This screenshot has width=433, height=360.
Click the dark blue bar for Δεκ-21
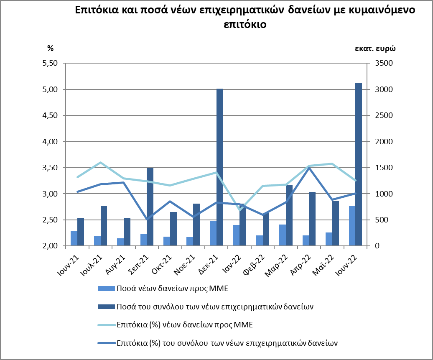tap(219, 167)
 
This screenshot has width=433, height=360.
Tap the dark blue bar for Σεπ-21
tap(150, 207)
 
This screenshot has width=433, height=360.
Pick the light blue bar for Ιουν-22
tap(352, 226)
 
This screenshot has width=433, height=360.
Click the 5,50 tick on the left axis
tap(49, 63)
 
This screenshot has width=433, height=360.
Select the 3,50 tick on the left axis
tap(49, 168)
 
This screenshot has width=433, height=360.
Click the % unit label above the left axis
tap(50, 48)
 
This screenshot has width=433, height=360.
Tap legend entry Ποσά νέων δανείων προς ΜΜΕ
tap(172, 288)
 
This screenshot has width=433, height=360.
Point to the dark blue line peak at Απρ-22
tap(308, 168)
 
